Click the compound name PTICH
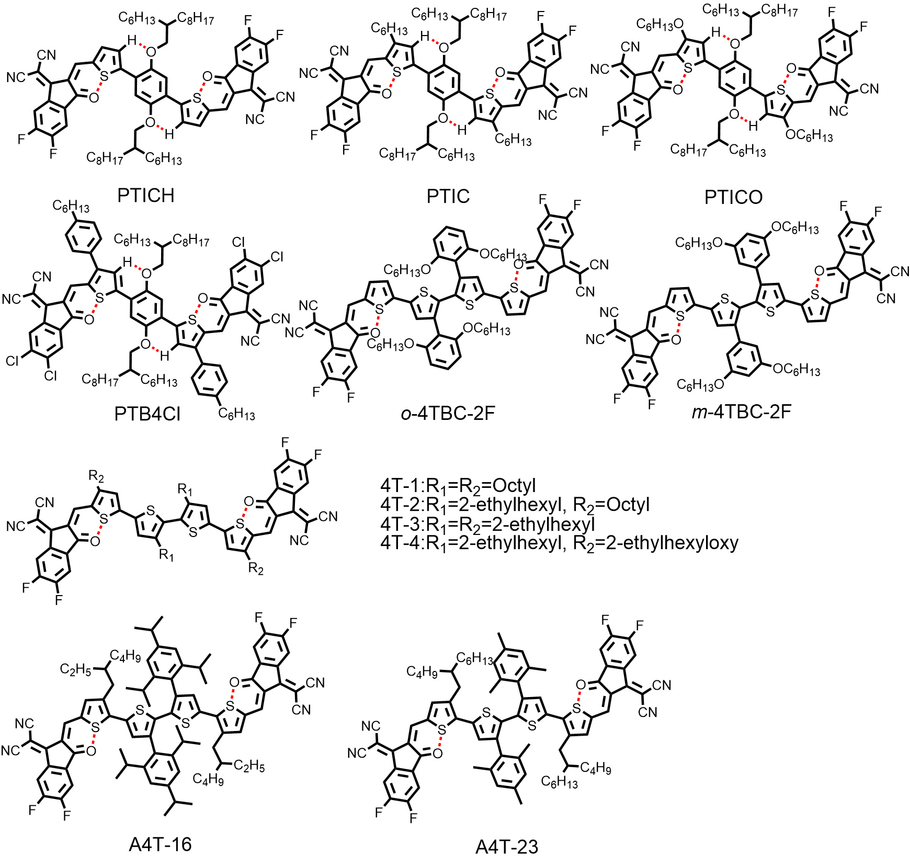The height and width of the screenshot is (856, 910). (145, 195)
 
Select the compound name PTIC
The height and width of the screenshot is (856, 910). (448, 196)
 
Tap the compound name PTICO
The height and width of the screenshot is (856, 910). (733, 197)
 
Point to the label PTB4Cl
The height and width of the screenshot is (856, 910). (147, 414)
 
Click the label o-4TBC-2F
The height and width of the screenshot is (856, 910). (448, 413)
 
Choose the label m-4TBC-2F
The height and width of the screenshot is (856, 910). (741, 412)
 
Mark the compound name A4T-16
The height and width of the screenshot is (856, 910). (160, 843)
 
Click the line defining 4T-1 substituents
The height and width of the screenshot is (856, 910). (458, 486)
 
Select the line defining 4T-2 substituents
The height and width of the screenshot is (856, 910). (515, 505)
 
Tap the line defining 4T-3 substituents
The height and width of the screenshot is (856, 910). (487, 523)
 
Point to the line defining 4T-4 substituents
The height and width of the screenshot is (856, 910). (559, 543)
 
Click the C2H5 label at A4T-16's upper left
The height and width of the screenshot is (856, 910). (76, 669)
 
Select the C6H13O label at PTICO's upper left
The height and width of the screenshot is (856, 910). (659, 24)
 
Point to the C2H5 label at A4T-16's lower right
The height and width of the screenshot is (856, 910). (249, 766)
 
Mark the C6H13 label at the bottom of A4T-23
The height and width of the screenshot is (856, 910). (560, 782)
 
